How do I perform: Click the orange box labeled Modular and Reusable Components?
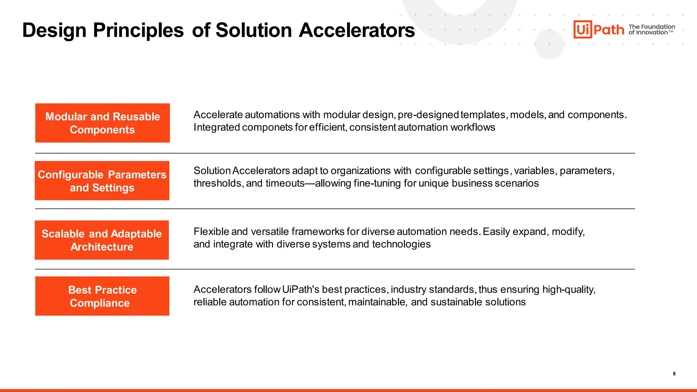[102, 123]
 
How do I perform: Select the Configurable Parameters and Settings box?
[102, 181]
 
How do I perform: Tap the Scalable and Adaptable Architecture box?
[102, 240]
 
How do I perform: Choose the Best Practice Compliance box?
[102, 296]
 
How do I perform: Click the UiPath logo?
[599, 30]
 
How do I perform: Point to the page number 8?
[674, 374]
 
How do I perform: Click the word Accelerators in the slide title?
[357, 30]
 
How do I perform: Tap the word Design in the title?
[54, 30]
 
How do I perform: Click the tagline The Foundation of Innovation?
[651, 30]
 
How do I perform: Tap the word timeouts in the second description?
[285, 183]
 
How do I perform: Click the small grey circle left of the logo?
[549, 44]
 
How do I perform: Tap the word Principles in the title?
[138, 30]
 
